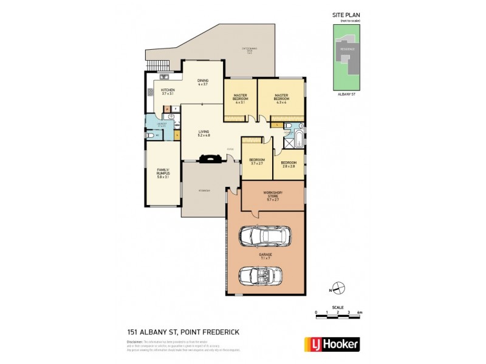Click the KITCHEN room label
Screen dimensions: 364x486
(168, 92)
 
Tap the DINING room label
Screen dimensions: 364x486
(203, 83)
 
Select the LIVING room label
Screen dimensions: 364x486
(204, 133)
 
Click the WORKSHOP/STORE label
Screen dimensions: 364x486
(272, 195)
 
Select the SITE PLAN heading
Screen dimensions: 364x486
(346, 14)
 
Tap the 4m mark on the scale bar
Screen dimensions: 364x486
(360, 312)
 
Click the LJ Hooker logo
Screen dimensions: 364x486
(331, 344)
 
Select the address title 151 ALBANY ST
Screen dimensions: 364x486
(171, 331)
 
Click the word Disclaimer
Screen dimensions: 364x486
(135, 342)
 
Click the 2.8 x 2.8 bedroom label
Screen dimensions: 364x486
(289, 164)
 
